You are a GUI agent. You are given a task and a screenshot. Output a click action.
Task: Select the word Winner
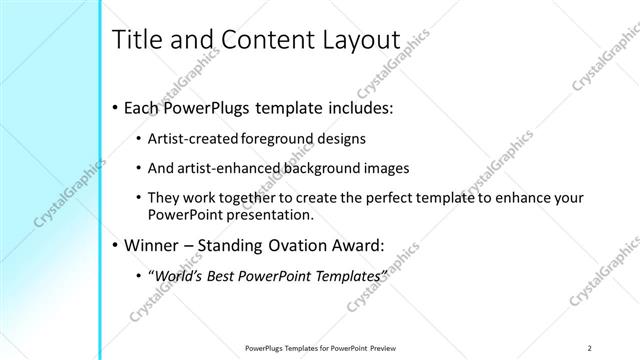153,242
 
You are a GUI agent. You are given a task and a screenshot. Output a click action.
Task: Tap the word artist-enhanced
225,168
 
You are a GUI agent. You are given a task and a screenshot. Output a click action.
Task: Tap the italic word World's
174,274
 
